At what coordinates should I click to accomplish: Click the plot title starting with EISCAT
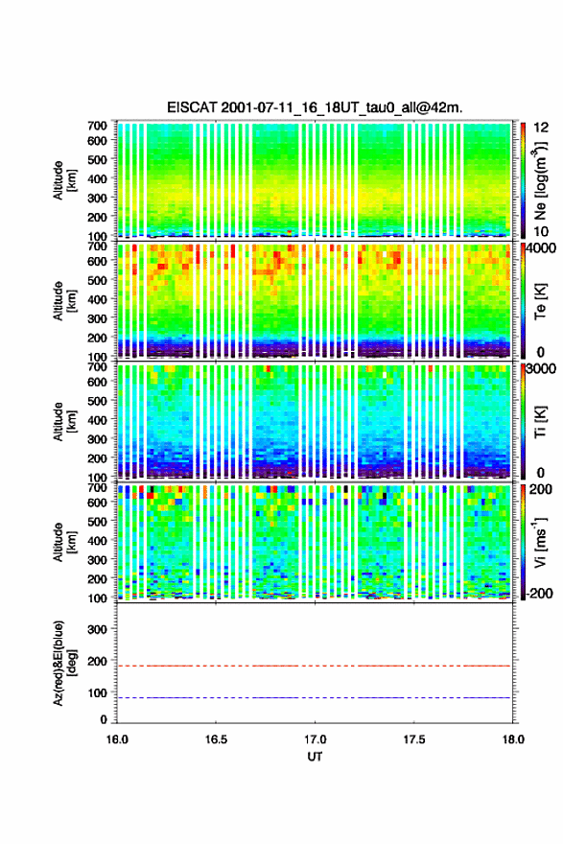315,107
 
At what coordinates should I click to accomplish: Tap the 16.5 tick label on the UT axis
216,739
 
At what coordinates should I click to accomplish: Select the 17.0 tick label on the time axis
315,739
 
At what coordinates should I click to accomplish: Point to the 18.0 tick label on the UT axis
513,739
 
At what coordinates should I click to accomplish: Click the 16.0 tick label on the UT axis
117,739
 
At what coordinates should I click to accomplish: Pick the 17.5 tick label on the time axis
414,739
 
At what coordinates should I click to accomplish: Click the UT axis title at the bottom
315,757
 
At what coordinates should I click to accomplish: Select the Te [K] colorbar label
540,301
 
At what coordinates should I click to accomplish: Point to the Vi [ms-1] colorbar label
540,542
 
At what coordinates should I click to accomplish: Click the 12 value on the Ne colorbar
542,129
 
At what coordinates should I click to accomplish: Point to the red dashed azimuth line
314,666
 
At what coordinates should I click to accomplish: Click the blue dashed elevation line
314,698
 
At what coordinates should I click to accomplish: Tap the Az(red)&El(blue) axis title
64,663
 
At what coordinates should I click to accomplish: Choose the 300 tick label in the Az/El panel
98,629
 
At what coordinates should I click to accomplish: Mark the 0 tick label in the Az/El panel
104,719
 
